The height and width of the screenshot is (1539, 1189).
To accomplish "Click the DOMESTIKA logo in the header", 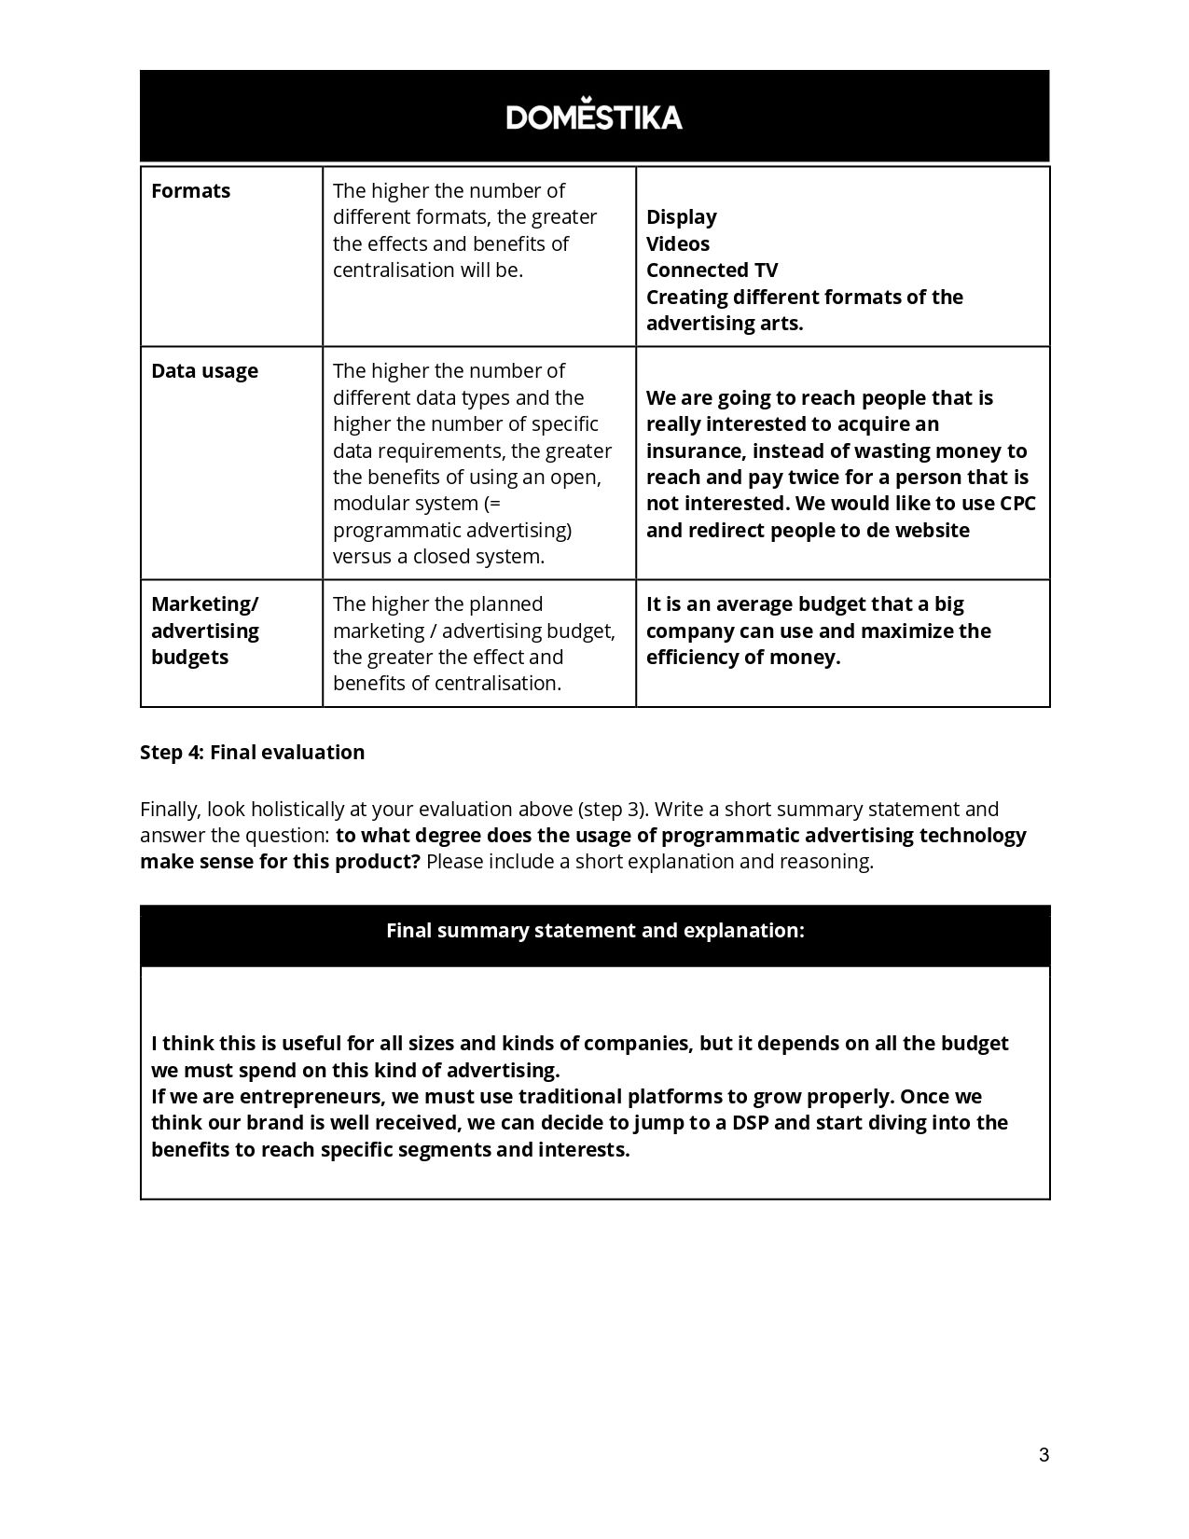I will coord(594,116).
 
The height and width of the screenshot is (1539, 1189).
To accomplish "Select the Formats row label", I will coord(190,191).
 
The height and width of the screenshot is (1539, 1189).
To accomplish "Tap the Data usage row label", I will coord(204,371).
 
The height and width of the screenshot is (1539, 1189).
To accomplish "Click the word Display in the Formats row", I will coord(681,217).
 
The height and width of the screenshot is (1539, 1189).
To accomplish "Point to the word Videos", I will coord(677,244).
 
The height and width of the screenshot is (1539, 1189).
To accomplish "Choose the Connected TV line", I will coord(712,270).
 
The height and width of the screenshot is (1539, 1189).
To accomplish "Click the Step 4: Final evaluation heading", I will coord(252,753).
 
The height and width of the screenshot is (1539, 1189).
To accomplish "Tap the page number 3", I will coord(1044,1455).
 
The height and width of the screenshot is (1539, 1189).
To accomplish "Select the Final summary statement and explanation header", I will coord(595,931).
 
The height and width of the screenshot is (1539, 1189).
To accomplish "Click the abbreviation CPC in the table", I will coord(1017,504).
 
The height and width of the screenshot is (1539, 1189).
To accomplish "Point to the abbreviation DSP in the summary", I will coord(750,1123).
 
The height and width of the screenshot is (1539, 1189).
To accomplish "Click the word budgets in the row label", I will coord(189,658).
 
